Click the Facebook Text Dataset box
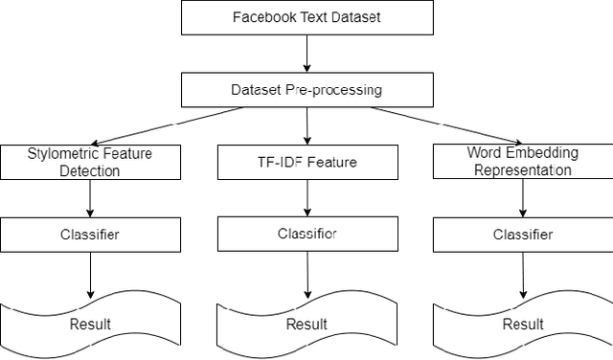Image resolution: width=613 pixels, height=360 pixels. [x=306, y=17]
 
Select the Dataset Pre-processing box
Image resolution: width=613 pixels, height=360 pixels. [x=306, y=90]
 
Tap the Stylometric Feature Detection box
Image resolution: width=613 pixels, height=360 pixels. [x=89, y=162]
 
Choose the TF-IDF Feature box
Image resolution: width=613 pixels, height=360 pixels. [x=306, y=162]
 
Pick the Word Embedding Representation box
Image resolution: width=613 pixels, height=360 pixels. [x=522, y=162]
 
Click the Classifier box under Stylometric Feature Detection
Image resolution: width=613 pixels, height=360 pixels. [x=89, y=235]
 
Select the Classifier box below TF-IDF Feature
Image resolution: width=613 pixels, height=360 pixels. [x=306, y=234]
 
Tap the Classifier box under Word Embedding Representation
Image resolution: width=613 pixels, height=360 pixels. [x=522, y=235]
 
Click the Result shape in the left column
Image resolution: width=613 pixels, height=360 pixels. [x=89, y=324]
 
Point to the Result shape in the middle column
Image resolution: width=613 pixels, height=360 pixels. [x=306, y=324]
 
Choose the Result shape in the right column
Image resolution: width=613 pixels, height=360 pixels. [x=522, y=324]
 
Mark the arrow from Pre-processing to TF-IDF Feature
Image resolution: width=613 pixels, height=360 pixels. [x=306, y=125]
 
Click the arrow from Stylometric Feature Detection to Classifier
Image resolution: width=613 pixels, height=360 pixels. [x=89, y=198]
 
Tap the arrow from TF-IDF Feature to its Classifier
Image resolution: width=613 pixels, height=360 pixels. [x=306, y=198]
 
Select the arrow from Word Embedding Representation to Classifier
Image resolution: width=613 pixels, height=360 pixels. [x=522, y=198]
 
